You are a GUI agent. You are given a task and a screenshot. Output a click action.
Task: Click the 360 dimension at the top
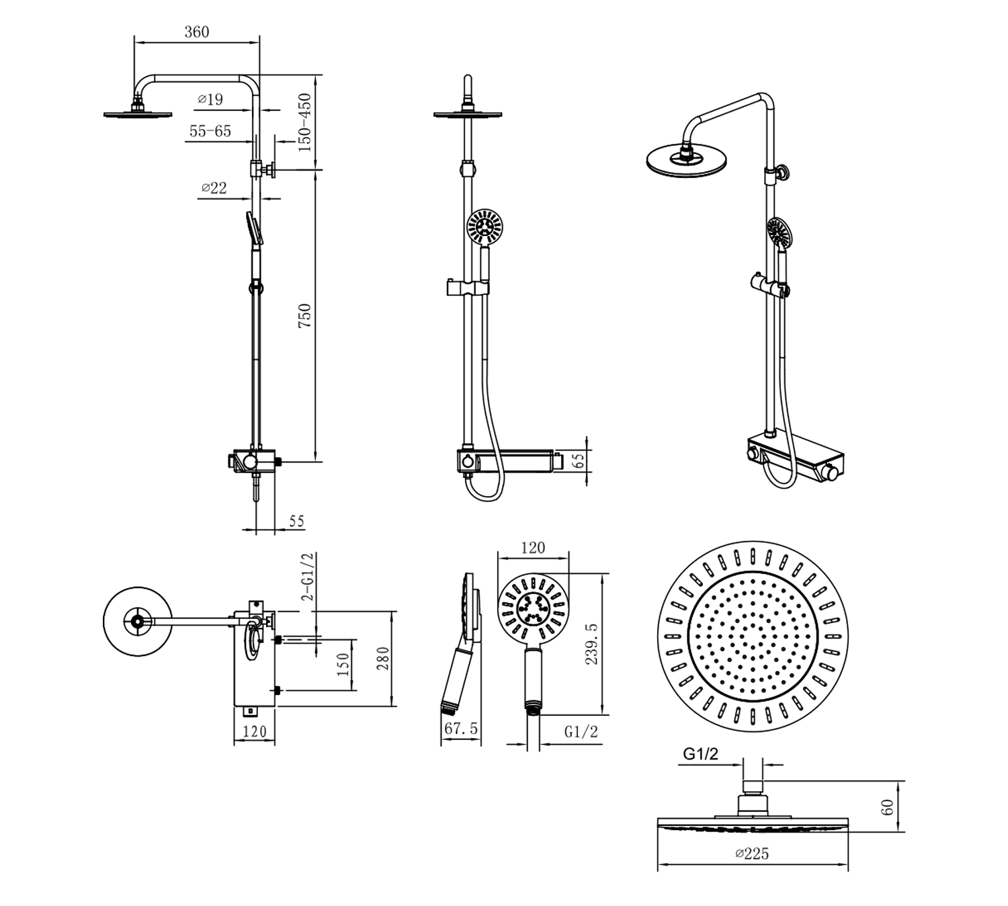point(196,32)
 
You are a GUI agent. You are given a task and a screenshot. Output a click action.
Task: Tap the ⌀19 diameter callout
point(210,99)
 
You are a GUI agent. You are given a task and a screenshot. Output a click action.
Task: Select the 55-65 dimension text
point(210,131)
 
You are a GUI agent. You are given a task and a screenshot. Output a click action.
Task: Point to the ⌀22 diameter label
point(214,188)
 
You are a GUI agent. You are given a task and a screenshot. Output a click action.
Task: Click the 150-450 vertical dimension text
point(305,123)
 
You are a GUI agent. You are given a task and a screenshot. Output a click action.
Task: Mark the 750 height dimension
point(305,317)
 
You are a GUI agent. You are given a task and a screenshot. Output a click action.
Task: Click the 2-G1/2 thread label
point(307,577)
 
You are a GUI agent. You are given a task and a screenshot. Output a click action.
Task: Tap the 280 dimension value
point(383,658)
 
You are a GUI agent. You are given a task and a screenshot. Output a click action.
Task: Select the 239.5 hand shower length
point(591,644)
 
